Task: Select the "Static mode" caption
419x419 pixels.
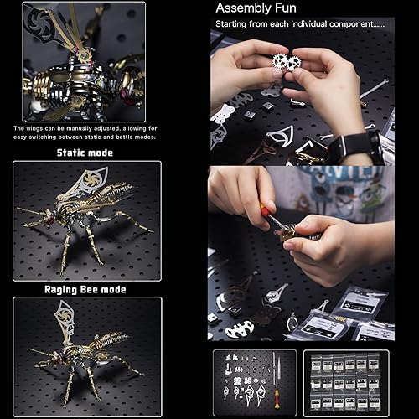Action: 85,153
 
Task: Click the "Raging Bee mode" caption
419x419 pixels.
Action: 85,289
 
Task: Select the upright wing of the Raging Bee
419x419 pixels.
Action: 65,318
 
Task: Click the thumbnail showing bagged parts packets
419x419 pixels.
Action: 346,382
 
